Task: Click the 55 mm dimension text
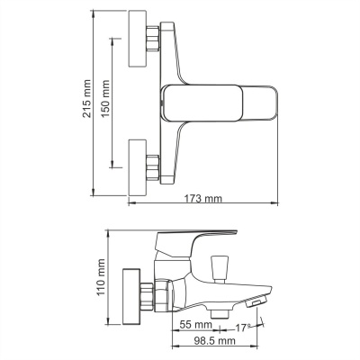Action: click(x=195, y=325)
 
